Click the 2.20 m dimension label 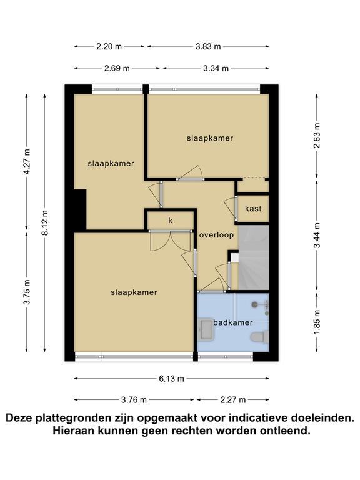pos(109,46)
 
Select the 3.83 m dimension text pos(208,46)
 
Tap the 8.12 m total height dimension pos(45,223)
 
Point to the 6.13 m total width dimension pos(171,379)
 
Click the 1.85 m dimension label pos(317,322)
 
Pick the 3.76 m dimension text pos(134,400)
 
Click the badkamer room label pos(233,322)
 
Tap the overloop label pos(216,235)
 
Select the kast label pos(254,209)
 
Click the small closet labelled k pos(171,221)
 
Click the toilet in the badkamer pos(259,337)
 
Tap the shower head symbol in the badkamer pos(255,304)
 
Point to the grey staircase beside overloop pos(254,257)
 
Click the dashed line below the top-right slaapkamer pos(254,178)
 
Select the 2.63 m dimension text pos(317,135)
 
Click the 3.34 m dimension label pos(216,68)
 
